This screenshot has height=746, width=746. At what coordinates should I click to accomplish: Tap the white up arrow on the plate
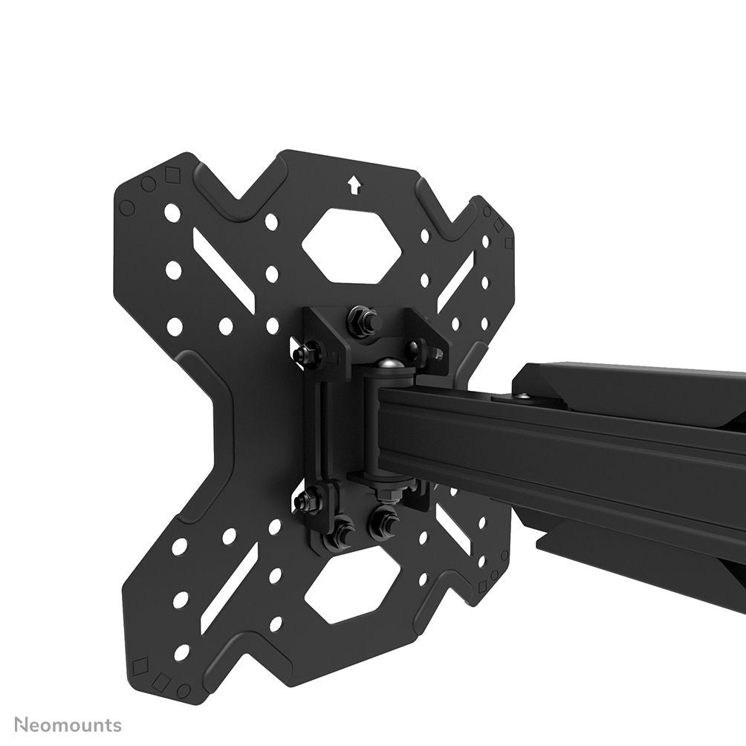(354, 184)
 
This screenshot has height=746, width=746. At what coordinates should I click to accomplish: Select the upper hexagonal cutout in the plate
(351, 246)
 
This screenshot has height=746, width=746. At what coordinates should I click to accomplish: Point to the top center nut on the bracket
(362, 322)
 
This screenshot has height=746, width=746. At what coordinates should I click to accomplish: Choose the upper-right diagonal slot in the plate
(455, 281)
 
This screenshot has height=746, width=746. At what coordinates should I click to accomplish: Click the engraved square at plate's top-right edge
(508, 243)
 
